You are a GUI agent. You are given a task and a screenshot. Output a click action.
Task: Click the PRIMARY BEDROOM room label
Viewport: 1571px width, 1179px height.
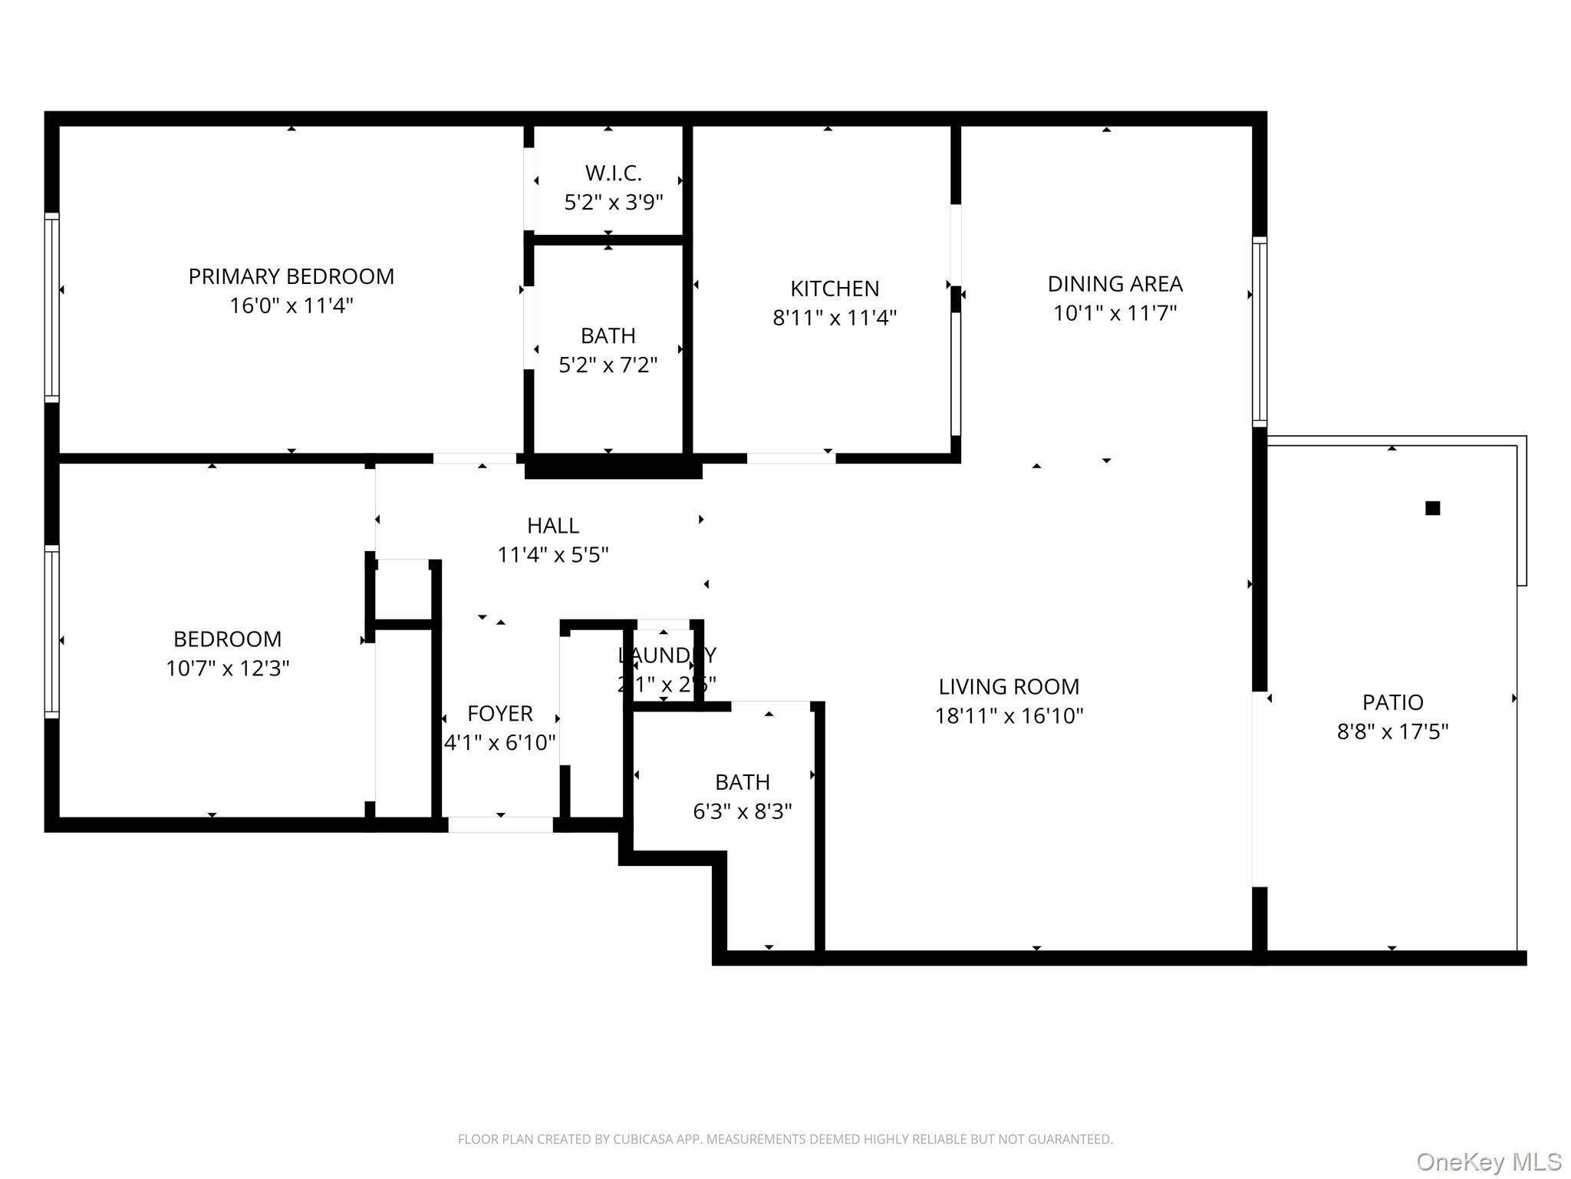coord(291,276)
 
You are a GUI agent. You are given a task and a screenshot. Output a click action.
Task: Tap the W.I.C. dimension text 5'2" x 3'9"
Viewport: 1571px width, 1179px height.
coord(613,203)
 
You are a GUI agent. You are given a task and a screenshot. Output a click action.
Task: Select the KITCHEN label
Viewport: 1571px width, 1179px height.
coord(835,289)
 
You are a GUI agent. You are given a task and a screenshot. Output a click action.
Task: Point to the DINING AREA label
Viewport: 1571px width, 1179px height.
coord(1115,284)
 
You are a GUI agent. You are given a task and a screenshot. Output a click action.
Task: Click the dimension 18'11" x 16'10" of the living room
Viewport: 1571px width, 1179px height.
coord(1008,716)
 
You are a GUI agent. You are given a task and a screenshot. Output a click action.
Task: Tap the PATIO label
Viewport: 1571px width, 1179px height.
coord(1392,702)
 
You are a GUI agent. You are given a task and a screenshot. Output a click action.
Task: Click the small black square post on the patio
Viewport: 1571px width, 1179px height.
coord(1432,508)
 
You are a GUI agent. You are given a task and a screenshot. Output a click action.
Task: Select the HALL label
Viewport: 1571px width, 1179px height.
coord(552,526)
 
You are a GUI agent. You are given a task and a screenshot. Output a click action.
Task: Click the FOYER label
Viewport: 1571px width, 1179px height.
coord(499,714)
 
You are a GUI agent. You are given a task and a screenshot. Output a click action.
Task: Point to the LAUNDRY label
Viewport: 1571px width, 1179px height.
coord(667,656)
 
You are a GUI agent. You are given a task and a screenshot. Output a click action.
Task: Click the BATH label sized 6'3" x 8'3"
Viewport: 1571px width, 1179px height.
coord(742,782)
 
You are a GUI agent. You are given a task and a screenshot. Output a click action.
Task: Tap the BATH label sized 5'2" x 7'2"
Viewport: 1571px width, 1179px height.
coord(608,336)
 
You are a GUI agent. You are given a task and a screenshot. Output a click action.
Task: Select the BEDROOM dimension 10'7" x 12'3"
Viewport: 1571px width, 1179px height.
coord(227,669)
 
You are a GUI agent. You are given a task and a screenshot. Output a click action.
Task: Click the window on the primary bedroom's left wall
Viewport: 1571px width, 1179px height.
coord(51,307)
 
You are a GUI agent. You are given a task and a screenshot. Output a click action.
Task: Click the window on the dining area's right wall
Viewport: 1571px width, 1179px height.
coord(1259,332)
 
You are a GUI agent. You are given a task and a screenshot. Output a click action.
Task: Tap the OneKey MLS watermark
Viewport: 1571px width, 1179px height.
coord(1488,1162)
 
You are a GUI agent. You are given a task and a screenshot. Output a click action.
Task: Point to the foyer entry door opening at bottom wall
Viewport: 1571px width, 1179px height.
coord(500,825)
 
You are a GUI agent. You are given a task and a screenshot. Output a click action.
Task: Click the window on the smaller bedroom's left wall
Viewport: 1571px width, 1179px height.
coord(51,632)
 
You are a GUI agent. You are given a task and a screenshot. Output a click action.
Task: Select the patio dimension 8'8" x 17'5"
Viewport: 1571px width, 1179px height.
coord(1392,732)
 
